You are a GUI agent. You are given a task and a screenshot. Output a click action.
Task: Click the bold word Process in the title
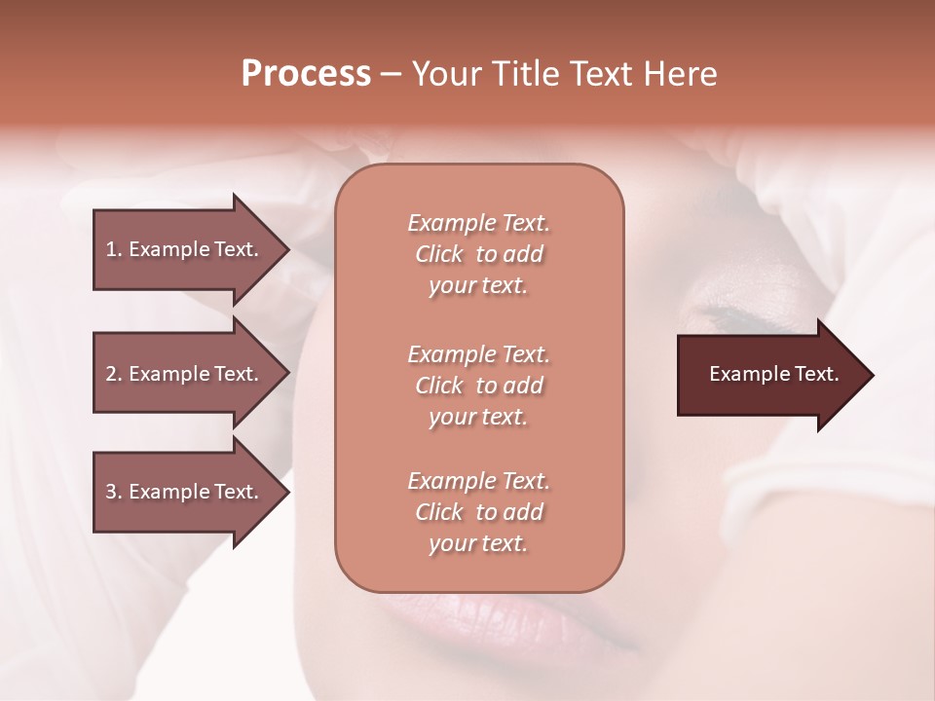tap(306, 74)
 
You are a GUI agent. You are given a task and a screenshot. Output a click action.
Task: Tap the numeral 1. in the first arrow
tap(114, 249)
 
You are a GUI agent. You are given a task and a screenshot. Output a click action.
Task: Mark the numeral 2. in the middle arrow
tap(114, 374)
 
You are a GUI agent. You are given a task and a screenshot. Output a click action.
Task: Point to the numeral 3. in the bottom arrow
tap(114, 492)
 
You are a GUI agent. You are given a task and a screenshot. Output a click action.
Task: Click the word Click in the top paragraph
tap(439, 254)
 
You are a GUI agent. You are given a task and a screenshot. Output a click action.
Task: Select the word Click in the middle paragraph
tap(439, 386)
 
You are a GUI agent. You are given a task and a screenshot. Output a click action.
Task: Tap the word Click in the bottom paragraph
tap(439, 512)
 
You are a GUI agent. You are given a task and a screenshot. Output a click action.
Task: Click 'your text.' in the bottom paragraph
tap(478, 543)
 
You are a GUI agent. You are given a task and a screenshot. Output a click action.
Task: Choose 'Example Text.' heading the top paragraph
tap(478, 223)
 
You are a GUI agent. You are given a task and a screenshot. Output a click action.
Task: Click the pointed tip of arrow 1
tap(286, 249)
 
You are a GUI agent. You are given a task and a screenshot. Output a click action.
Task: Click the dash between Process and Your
tap(391, 74)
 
